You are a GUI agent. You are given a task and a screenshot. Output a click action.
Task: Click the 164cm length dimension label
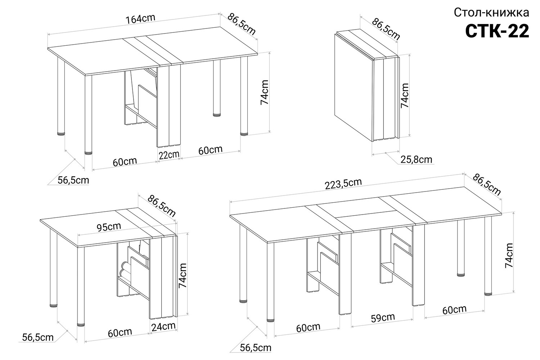(x=140, y=19)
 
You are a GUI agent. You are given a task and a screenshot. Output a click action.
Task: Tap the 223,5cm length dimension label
(x=343, y=184)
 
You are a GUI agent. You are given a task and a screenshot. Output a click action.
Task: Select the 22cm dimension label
(x=169, y=155)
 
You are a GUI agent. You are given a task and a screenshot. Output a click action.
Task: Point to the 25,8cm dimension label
(x=416, y=159)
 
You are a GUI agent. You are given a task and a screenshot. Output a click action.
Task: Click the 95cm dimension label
(x=109, y=227)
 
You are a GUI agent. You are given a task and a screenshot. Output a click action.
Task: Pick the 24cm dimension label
(x=163, y=327)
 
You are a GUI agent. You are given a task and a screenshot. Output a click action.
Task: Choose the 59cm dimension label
(x=383, y=318)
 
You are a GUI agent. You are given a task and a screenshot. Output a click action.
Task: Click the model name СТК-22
(x=497, y=31)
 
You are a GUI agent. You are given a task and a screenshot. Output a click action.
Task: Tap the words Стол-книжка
(x=491, y=13)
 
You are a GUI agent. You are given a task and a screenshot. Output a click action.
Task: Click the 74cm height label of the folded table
(x=405, y=95)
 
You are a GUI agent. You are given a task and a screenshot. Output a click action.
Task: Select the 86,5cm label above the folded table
(x=386, y=29)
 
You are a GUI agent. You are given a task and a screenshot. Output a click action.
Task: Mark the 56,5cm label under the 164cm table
(x=73, y=180)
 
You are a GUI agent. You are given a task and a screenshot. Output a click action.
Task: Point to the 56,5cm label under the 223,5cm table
(x=256, y=348)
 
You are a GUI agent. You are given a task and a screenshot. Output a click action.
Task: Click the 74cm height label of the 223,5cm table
(x=509, y=255)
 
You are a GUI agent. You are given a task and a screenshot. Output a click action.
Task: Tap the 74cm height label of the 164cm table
(x=265, y=93)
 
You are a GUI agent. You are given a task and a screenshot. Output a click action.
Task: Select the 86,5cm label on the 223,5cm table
(x=487, y=184)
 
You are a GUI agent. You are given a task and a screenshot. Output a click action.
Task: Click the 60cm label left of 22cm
(x=125, y=162)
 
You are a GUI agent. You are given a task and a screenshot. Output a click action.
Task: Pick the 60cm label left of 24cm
(x=120, y=333)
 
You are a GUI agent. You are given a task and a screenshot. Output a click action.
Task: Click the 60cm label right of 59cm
(x=454, y=310)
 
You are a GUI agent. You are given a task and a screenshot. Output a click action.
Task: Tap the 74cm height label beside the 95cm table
(x=183, y=275)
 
